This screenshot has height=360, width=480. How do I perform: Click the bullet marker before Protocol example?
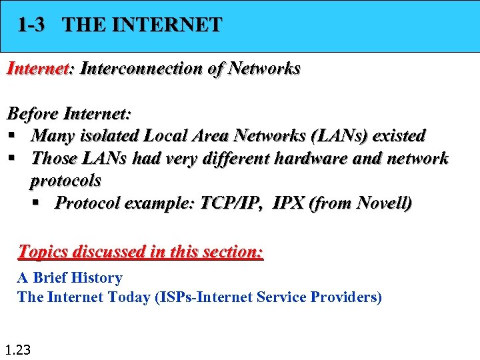coord(42,203)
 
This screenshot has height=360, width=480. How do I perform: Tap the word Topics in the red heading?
coord(43,252)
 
